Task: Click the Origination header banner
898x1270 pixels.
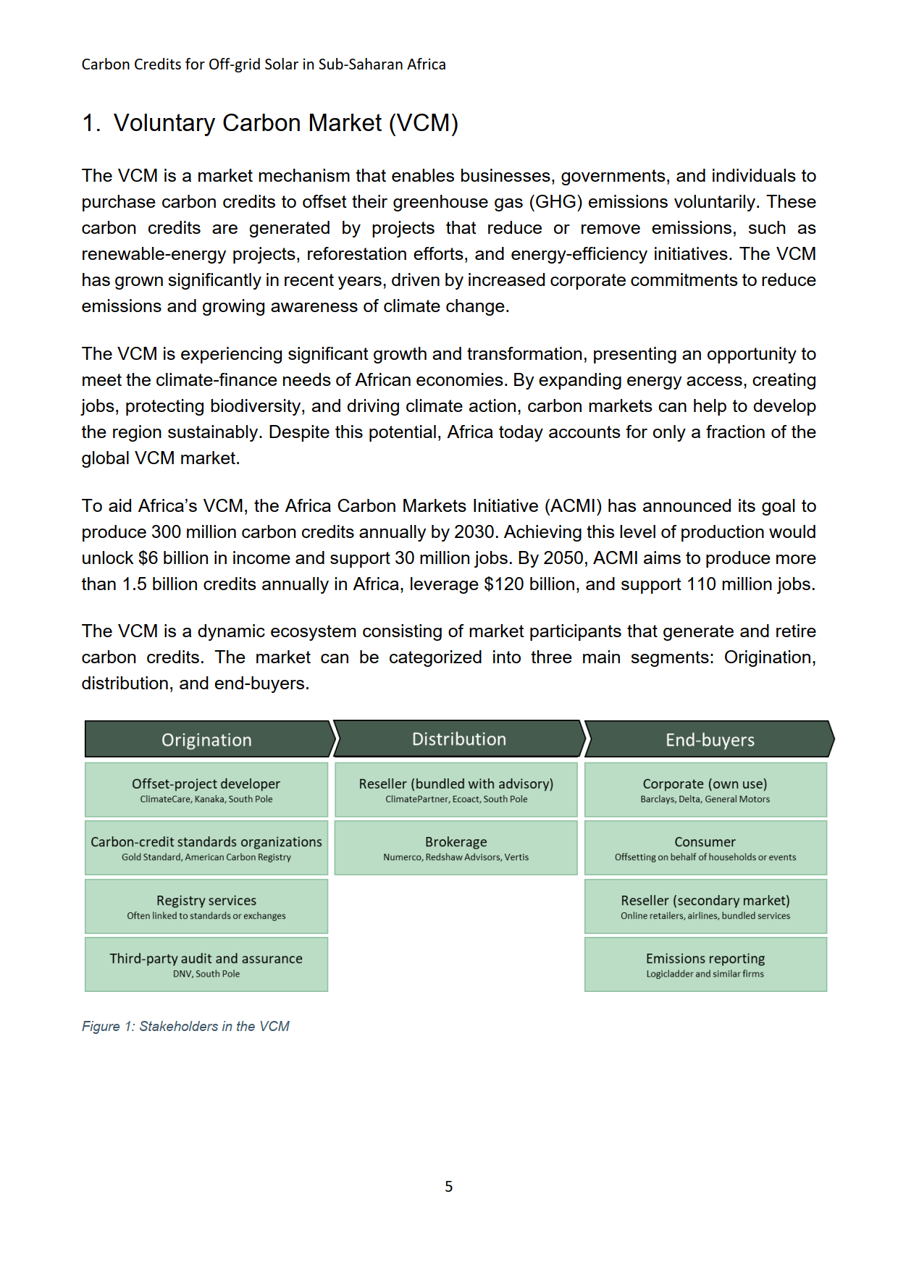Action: (207, 739)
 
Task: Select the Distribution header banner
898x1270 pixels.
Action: (458, 739)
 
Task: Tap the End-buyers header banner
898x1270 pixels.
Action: (709, 739)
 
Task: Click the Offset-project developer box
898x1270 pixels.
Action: (206, 790)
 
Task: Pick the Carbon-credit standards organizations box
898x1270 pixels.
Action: (206, 848)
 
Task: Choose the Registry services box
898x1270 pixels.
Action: (206, 907)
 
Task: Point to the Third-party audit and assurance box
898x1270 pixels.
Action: (206, 964)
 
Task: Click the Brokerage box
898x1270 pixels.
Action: (456, 848)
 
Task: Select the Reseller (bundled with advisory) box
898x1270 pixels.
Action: (456, 790)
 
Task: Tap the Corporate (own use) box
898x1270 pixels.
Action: (705, 790)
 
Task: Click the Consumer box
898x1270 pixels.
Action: (705, 848)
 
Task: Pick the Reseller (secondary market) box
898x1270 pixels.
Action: (705, 907)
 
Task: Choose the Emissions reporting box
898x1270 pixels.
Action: (705, 964)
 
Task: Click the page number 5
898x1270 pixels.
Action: (449, 1187)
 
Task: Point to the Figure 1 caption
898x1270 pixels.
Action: (185, 1026)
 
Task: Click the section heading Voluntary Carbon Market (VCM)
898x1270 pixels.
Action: (270, 123)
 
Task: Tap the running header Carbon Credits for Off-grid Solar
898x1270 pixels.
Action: (264, 64)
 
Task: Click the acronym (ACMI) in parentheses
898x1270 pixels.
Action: (573, 506)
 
